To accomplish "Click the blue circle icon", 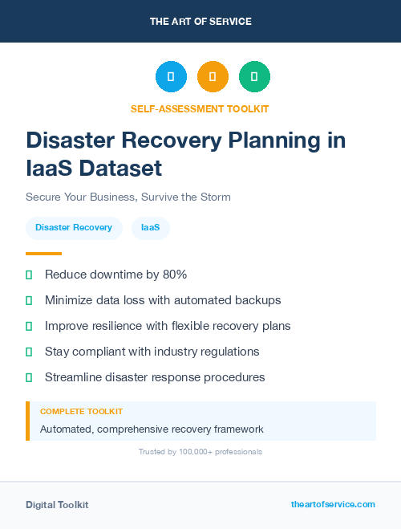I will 171,76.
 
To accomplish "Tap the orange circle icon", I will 213,76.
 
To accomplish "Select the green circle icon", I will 255,76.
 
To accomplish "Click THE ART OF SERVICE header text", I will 200,22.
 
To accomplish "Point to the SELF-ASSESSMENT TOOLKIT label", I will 200,108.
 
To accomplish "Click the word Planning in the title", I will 277,140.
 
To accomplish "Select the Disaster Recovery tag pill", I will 74,228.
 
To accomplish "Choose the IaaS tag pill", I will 150,228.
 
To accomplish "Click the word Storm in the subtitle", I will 214,197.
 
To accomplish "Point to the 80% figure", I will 174,275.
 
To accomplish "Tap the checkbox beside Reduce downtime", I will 29,275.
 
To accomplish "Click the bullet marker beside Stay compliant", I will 29,352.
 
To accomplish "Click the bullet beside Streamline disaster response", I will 29,377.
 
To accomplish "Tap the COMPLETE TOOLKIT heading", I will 81,411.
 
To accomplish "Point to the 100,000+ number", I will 176,452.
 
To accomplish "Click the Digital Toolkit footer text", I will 57,505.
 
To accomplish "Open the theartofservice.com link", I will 333,504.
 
